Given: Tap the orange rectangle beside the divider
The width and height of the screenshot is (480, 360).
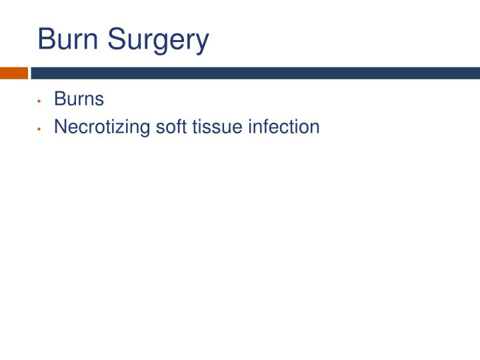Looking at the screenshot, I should tap(13, 72).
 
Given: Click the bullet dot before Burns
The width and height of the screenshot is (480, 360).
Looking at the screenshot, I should tap(41, 101).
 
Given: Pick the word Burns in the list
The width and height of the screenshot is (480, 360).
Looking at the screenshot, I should tap(79, 99).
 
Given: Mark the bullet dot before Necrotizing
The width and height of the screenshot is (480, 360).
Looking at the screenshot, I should tap(41, 127).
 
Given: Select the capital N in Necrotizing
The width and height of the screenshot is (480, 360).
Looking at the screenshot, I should tap(60, 126).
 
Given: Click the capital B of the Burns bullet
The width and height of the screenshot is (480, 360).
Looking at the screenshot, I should tap(59, 99).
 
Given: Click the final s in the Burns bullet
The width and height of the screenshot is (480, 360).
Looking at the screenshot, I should tap(100, 101).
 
